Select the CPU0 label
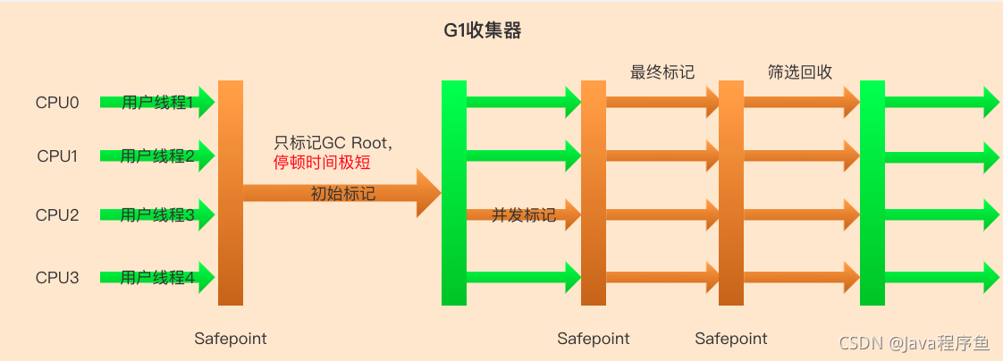57,103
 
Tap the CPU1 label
57,156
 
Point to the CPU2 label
57,215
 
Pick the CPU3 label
57,277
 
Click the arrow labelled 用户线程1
157,103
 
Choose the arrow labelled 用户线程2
157,156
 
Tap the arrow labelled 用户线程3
157,215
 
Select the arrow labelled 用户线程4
157,277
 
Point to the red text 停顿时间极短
322,163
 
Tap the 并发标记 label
523,215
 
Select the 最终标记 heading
662,72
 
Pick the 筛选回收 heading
800,72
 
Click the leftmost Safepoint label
231,339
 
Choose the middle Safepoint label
594,339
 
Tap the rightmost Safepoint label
731,339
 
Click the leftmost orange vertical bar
231,192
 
